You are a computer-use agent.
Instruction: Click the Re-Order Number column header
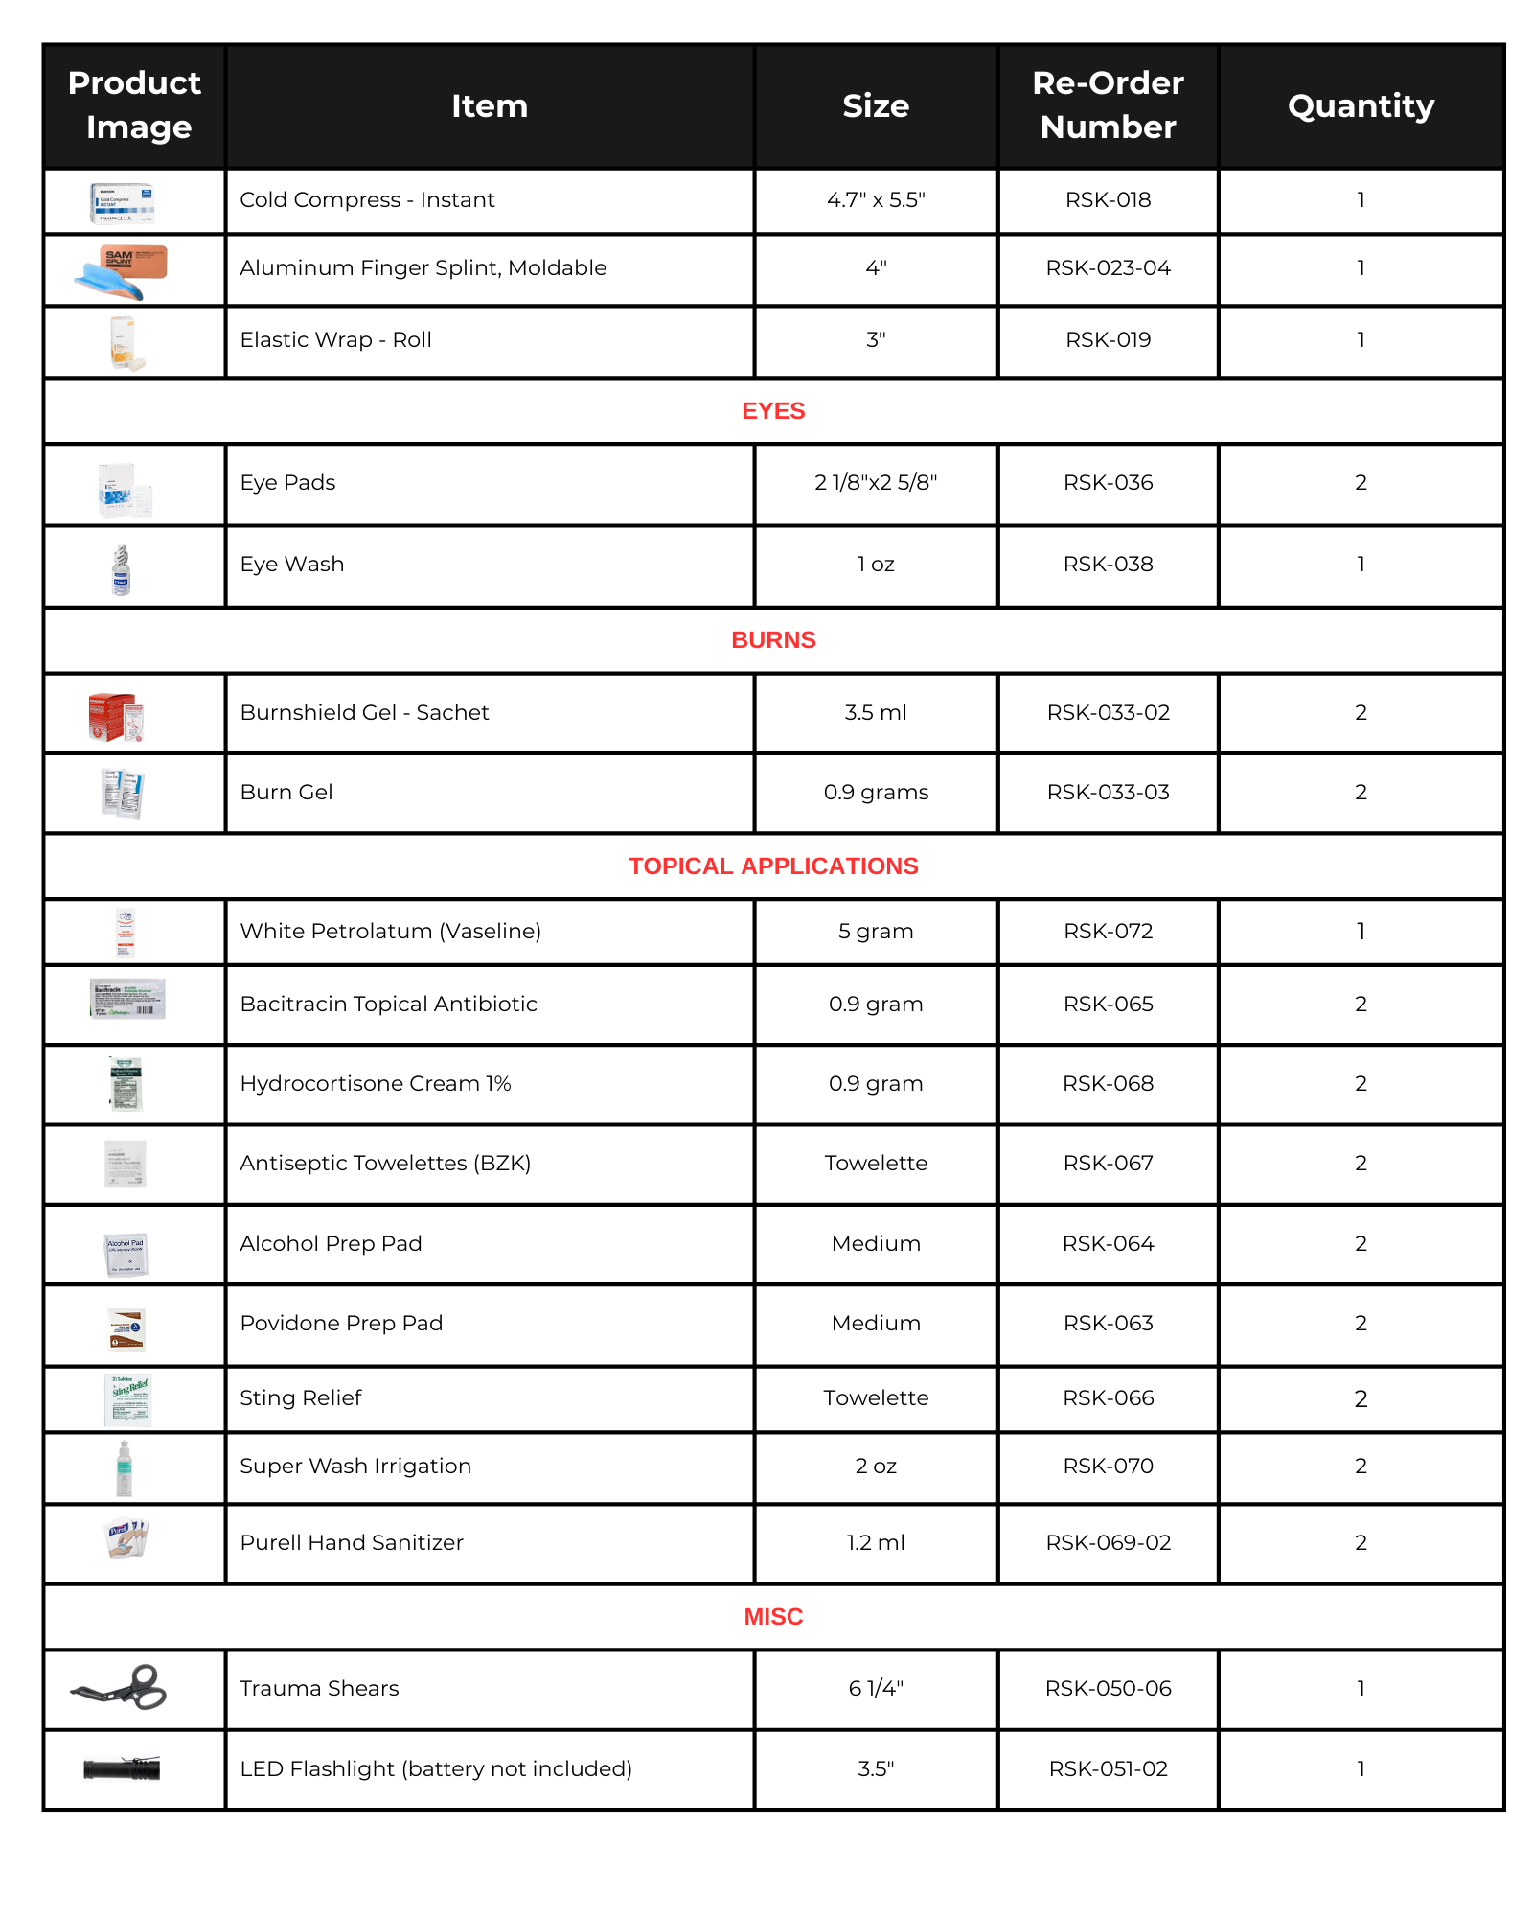point(1108,105)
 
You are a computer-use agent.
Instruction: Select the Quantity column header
point(1361,105)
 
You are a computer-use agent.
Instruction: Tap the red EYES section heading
point(773,411)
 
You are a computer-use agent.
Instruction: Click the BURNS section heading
point(773,640)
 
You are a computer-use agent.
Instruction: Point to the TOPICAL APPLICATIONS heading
point(773,866)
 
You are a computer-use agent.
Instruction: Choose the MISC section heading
point(773,1617)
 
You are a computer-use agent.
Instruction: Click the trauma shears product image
point(121,1688)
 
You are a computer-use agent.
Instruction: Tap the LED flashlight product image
point(122,1768)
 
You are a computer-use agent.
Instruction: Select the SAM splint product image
point(122,270)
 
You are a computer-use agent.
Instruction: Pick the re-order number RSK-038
point(1108,565)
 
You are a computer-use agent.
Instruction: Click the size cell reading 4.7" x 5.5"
point(876,200)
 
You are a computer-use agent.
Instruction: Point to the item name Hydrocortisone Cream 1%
point(376,1084)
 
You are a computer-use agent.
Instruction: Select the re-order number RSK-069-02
point(1108,1543)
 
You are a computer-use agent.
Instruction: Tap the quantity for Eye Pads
point(1361,483)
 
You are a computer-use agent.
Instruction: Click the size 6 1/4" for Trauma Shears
point(876,1689)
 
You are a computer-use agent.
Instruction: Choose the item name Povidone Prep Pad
point(341,1324)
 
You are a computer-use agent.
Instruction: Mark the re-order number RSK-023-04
point(1108,268)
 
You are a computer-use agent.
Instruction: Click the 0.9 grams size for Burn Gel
point(876,793)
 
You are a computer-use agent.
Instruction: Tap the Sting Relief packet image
point(127,1399)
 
